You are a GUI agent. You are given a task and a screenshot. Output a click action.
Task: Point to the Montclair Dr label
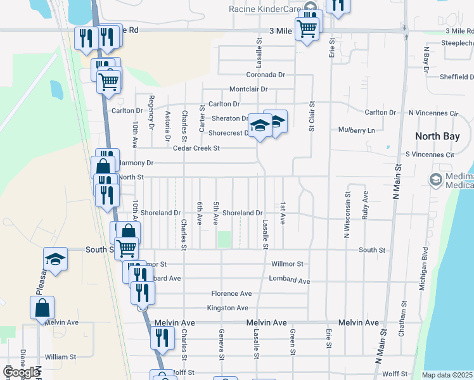coord(248,89)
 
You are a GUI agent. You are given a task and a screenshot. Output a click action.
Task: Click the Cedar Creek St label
coord(196,148)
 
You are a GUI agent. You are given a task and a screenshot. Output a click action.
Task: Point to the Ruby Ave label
coord(365,205)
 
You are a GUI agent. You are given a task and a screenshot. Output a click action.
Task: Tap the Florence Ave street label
coord(232,294)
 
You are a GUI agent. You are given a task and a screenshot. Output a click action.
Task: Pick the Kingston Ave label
coord(227,308)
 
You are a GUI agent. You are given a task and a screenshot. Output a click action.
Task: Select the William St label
coord(60,357)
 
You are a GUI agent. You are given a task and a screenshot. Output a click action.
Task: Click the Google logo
coord(21,372)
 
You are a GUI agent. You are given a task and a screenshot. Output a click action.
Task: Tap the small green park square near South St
coord(224,239)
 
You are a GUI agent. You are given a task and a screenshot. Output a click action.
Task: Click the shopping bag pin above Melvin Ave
coord(42,308)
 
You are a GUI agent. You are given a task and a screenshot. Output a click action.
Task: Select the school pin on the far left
coord(56,259)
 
